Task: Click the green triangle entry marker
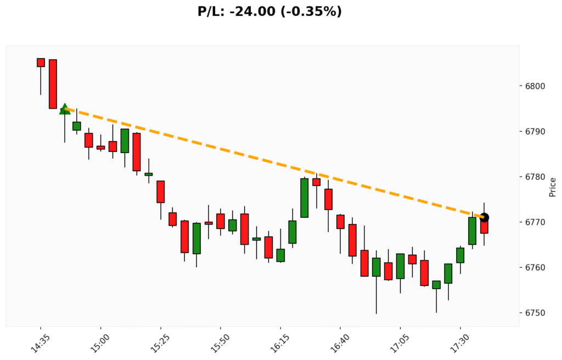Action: click(x=65, y=109)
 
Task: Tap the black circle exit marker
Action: click(x=484, y=218)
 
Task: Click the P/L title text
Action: click(x=269, y=12)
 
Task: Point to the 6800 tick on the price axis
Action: click(x=532, y=86)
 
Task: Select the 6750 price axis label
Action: click(x=532, y=313)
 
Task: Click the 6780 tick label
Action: click(x=532, y=177)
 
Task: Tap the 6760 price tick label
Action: click(x=532, y=267)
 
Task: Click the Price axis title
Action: click(x=553, y=187)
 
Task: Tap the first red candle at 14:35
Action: click(x=41, y=63)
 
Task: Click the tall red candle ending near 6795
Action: click(x=53, y=84)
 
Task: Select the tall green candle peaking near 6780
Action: click(x=304, y=198)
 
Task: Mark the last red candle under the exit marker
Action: click(x=484, y=227)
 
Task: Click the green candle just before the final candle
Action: click(x=472, y=230)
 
